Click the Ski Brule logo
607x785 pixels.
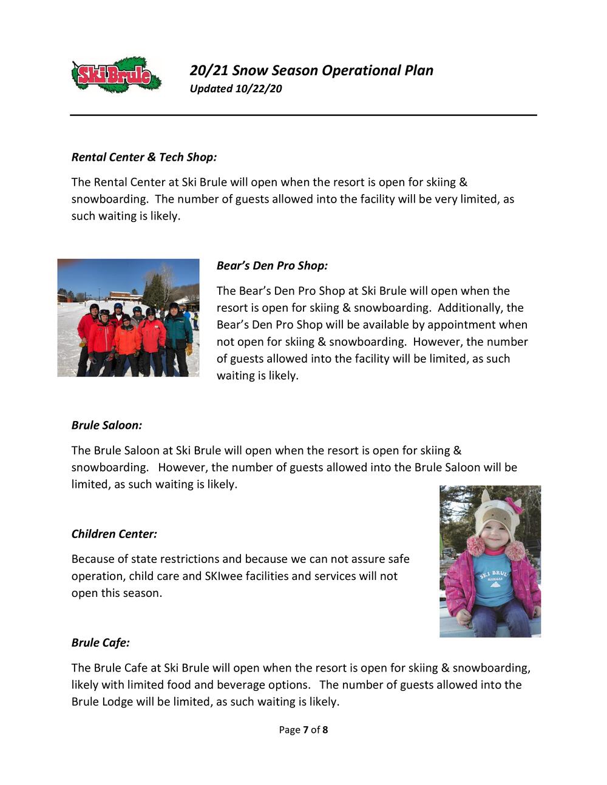116,75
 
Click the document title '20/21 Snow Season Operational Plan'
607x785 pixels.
311,70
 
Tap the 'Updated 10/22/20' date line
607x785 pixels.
236,89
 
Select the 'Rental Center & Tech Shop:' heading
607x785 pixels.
144,157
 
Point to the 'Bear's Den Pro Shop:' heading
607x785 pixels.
272,266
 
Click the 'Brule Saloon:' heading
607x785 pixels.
107,425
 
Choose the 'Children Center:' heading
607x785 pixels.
114,534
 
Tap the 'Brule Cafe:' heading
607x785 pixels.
101,642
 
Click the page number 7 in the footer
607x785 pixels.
306,730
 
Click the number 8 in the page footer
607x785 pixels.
325,730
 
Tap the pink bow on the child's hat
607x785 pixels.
516,504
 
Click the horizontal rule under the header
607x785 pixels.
303,115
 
